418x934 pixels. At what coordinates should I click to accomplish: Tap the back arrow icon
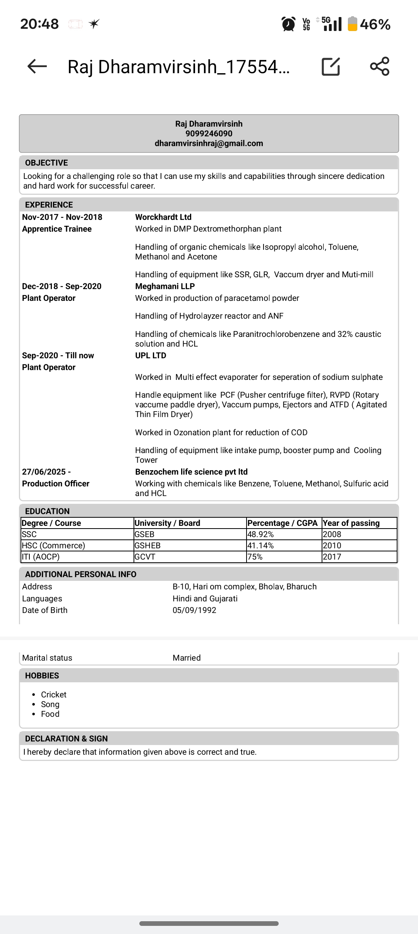[37, 66]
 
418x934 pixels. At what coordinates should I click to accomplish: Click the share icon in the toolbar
[379, 66]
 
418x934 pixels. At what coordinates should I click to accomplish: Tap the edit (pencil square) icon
[331, 66]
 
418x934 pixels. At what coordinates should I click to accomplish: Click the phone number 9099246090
[209, 134]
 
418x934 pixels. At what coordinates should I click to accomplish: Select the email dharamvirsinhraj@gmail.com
[209, 143]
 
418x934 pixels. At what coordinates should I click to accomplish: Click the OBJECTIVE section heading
[46, 163]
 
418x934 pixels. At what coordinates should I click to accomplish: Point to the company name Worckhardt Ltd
[163, 217]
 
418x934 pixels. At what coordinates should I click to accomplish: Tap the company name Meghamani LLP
[165, 287]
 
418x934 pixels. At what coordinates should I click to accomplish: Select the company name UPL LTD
[151, 355]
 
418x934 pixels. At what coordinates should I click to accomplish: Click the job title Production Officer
[56, 484]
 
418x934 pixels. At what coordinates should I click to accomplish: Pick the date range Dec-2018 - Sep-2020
[62, 287]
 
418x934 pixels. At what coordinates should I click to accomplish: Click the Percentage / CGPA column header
[283, 523]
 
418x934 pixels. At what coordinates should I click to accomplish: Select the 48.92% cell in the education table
[260, 534]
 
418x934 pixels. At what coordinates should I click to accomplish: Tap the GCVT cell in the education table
[145, 557]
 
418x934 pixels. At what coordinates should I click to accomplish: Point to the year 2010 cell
[332, 546]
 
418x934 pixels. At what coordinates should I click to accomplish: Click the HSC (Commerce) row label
[53, 546]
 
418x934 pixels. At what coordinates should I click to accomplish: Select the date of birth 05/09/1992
[194, 610]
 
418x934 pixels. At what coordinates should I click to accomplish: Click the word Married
[187, 658]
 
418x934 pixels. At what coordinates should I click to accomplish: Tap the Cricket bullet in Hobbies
[54, 695]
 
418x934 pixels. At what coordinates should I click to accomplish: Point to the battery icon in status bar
[352, 24]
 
